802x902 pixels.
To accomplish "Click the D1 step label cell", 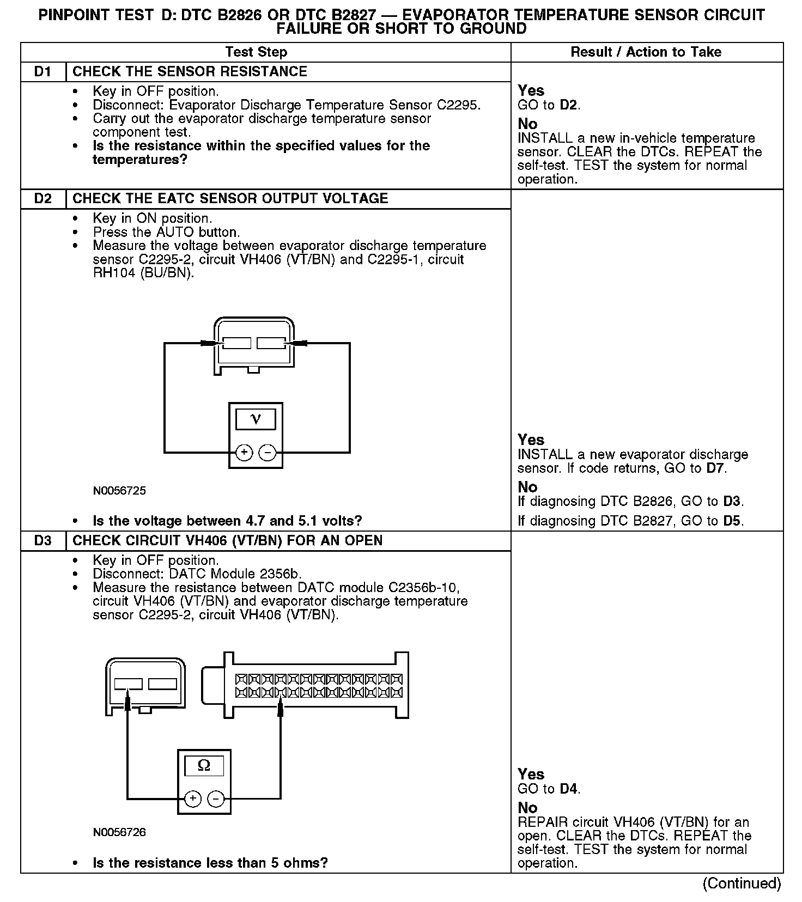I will click(42, 72).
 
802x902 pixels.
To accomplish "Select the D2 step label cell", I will click(42, 199).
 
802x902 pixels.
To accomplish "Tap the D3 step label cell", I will click(42, 541).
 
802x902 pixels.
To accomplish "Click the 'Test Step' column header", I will click(256, 52).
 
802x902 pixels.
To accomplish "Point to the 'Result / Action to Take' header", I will click(646, 52).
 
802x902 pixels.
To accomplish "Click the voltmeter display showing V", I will click(255, 419).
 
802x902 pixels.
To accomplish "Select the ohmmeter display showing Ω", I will click(204, 766).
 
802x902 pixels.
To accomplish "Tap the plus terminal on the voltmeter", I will click(244, 452).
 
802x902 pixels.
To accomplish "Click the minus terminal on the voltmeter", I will click(267, 452).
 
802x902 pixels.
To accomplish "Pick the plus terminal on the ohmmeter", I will click(193, 799).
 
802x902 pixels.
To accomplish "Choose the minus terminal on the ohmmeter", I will click(216, 799).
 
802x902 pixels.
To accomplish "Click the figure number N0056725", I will click(119, 491).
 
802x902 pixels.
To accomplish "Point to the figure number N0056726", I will click(119, 832).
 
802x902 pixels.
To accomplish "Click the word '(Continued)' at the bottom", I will click(742, 883).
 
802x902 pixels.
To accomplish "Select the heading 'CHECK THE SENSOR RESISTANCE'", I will click(190, 72).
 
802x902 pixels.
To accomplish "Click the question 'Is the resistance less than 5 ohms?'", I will click(210, 863).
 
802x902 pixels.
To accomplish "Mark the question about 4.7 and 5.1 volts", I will click(227, 521).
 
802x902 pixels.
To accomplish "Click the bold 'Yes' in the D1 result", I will click(531, 90).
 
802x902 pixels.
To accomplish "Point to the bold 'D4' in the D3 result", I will click(569, 789).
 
